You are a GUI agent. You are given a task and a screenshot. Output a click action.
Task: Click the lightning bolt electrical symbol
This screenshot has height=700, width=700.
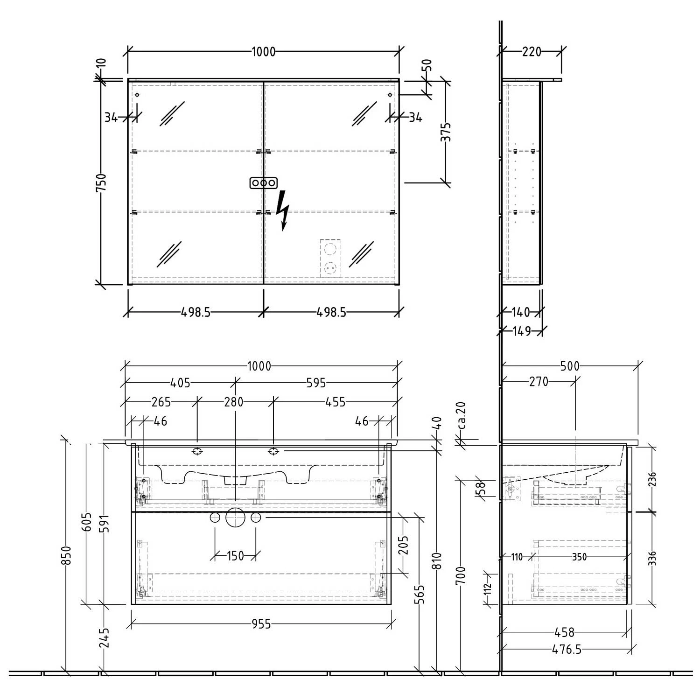click(282, 210)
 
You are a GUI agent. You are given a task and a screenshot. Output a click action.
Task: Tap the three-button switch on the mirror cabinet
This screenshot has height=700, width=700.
click(264, 183)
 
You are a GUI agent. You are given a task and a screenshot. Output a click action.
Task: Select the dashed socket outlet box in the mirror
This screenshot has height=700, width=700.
click(331, 259)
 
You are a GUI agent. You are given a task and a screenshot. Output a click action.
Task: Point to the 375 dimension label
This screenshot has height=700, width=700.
click(447, 132)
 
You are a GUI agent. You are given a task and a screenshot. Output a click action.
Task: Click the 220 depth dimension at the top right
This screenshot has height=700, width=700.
click(532, 52)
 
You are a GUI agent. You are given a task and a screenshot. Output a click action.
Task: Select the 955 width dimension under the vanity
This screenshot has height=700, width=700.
click(261, 624)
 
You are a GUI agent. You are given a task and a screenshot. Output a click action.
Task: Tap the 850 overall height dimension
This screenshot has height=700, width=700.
click(67, 555)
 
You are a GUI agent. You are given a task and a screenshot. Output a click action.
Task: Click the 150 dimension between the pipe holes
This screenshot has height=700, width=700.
click(235, 556)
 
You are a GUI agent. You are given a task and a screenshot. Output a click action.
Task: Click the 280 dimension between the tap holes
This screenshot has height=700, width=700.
click(234, 401)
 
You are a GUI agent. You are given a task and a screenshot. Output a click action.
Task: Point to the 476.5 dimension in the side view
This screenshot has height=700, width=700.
click(567, 649)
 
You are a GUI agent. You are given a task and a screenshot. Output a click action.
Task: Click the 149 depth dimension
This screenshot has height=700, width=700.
click(522, 331)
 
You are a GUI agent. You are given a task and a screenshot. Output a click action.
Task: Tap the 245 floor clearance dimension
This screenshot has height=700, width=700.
click(104, 638)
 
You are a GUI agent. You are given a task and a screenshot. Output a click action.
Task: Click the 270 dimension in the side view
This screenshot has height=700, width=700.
click(539, 382)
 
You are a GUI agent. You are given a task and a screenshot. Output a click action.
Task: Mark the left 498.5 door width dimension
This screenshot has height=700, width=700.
click(196, 312)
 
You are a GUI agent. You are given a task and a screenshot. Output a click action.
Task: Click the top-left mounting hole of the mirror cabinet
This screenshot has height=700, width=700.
click(137, 95)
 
